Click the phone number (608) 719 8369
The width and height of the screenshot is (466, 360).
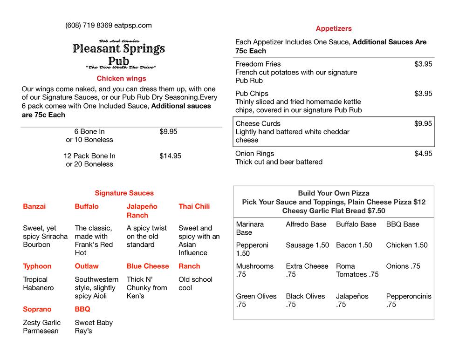tap(89, 26)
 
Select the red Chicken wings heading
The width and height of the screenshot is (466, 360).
tap(121, 79)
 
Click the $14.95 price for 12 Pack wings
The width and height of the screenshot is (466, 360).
tap(170, 156)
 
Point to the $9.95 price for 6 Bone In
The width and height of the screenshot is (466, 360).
tap(168, 132)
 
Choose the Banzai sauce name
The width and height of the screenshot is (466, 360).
tap(34, 206)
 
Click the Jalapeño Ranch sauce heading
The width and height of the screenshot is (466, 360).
tap(142, 211)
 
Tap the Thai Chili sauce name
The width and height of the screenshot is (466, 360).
tap(194, 206)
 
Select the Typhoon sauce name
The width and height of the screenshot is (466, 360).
tap(37, 266)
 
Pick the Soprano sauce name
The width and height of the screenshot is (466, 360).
tap(37, 309)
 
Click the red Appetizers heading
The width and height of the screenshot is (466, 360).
tap(334, 28)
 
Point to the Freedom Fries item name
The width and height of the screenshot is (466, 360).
tap(258, 64)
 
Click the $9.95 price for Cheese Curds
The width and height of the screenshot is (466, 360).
tap(423, 123)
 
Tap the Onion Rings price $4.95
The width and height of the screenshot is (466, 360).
tap(423, 154)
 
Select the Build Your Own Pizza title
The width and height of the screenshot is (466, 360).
tap(334, 193)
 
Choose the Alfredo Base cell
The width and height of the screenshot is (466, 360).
tap(306, 224)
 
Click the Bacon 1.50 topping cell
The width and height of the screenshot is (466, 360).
tap(354, 245)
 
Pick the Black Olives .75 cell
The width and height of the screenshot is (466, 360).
tap(305, 300)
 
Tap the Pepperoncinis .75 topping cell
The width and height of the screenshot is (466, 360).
tap(409, 300)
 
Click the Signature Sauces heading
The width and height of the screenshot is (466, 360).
tap(124, 193)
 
